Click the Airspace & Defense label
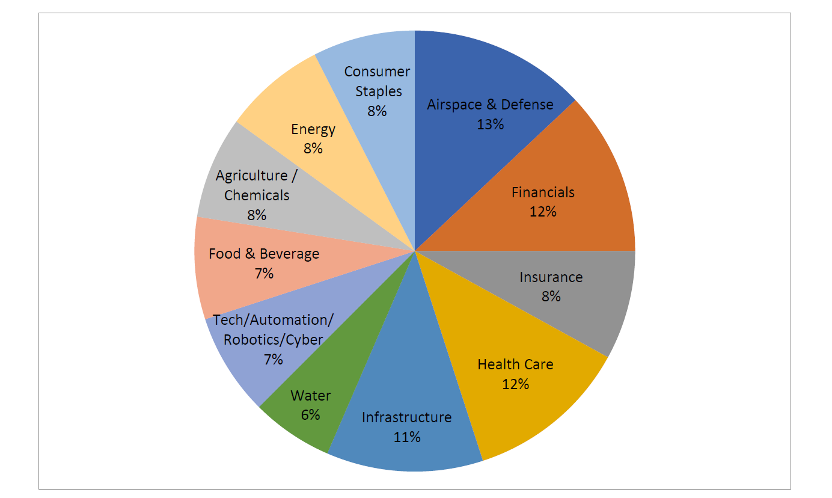[490, 105]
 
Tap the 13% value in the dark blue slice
[491, 124]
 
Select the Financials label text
[543, 192]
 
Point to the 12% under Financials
[543, 212]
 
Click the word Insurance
[551, 277]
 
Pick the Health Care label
[515, 364]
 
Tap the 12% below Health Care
[515, 384]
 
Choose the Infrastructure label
[406, 417]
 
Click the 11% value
[406, 437]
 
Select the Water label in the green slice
[310, 396]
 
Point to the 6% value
[310, 415]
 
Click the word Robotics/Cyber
[273, 340]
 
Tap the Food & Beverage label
[264, 254]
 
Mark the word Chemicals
[257, 195]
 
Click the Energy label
[313, 129]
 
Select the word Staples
[378, 91]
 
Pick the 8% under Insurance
[551, 297]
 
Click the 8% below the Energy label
[313, 149]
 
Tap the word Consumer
[377, 72]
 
